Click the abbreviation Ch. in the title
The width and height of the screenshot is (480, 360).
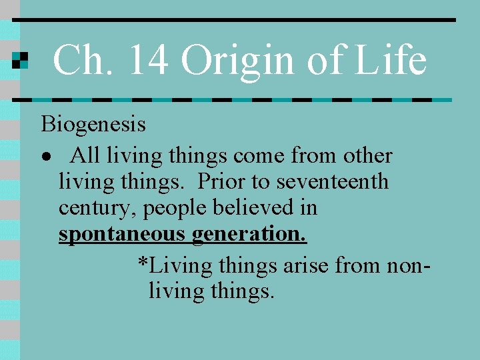pos(77,60)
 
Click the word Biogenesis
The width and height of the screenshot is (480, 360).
pos(93,124)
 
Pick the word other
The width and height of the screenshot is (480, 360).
pos(367,156)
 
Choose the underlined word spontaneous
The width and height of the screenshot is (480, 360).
pos(123,235)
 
